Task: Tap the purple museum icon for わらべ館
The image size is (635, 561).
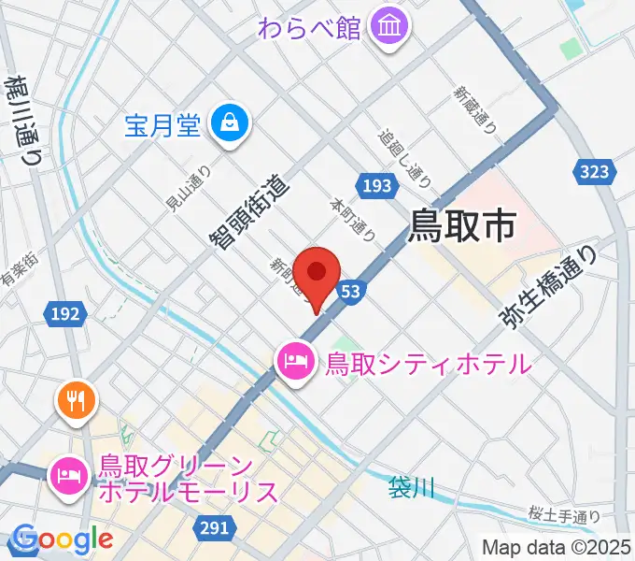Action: (388, 27)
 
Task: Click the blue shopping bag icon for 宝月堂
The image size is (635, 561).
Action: (228, 122)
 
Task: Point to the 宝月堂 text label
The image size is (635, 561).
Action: (162, 124)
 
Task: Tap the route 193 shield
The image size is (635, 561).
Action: (374, 186)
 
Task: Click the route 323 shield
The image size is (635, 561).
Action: (593, 171)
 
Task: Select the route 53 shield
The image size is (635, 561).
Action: (349, 292)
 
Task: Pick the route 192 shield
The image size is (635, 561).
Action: (65, 315)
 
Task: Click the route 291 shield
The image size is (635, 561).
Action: (214, 529)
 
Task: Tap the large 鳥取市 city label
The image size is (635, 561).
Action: (463, 226)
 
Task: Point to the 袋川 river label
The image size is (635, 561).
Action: (412, 488)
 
